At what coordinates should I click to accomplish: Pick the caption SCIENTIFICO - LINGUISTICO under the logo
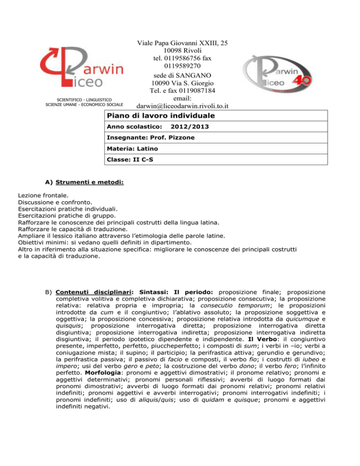[84, 100]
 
